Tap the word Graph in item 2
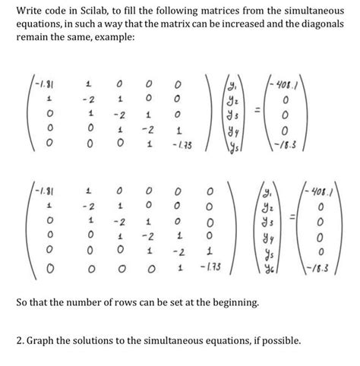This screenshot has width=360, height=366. [x=42, y=339]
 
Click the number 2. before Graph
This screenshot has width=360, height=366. [x=20, y=339]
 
